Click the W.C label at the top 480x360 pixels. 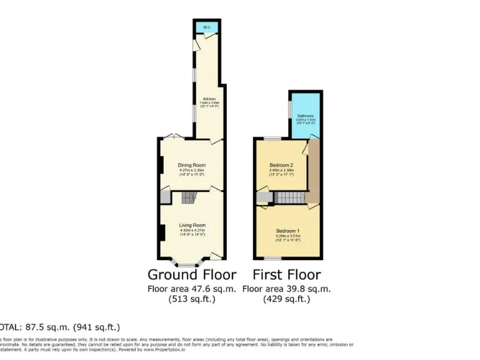[206, 27]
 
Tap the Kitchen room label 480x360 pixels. [208, 99]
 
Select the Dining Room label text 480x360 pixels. [192, 164]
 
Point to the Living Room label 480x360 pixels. [192, 225]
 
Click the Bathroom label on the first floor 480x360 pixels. [306, 116]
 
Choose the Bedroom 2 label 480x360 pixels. [281, 165]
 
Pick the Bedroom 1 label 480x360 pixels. [288, 231]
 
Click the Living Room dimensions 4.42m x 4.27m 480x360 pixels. [192, 231]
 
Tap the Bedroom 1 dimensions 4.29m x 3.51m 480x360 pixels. [288, 236]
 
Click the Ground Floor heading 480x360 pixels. [192, 274]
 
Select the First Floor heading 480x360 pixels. [286, 274]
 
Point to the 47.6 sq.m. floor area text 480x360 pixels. [192, 289]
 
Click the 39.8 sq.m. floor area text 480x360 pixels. [286, 289]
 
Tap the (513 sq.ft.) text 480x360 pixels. [192, 299]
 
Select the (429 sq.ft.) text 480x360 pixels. [286, 299]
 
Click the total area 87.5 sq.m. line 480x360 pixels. [59, 327]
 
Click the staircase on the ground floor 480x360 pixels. [189, 198]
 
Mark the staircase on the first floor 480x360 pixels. [289, 197]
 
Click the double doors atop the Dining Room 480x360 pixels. [174, 136]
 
